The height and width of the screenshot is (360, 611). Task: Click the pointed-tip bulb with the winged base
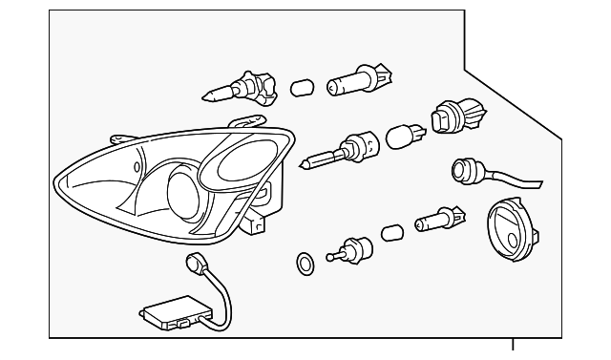[234, 88]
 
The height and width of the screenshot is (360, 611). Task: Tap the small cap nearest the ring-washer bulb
[391, 232]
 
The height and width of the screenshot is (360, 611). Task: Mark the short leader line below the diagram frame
[514, 348]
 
